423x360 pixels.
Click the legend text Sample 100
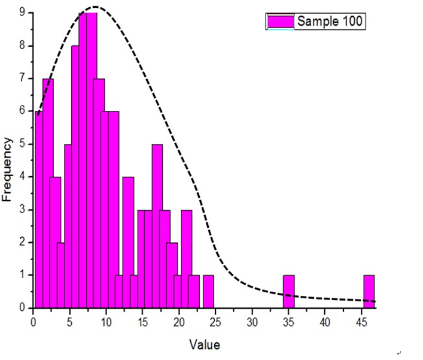[x=330, y=22]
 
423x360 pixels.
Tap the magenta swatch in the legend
[x=281, y=22]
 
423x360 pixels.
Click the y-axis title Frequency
[x=8, y=170]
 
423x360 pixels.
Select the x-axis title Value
[x=204, y=345]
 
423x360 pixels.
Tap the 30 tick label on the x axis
[x=252, y=321]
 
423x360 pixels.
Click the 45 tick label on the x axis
[x=362, y=321]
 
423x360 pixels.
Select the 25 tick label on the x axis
[x=215, y=321]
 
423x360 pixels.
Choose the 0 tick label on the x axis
[x=33, y=321]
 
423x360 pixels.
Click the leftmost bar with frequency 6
[x=39, y=210]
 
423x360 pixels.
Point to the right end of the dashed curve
[x=375, y=301]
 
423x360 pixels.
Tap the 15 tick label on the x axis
[x=142, y=321]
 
